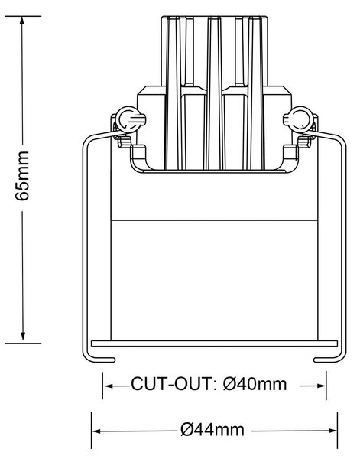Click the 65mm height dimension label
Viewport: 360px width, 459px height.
(x=22, y=176)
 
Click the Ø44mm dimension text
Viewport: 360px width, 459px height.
(x=212, y=430)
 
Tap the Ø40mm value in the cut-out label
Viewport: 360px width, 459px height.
(x=255, y=384)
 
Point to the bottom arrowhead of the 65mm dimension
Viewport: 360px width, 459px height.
(x=23, y=337)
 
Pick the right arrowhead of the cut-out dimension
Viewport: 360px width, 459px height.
(x=320, y=386)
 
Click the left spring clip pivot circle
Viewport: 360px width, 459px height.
(x=127, y=119)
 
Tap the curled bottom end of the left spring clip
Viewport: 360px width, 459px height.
(x=103, y=360)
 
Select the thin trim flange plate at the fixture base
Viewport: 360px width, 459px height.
(x=214, y=343)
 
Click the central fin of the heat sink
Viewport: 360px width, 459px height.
(x=214, y=93)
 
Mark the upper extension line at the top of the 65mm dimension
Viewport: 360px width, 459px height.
(x=23, y=16)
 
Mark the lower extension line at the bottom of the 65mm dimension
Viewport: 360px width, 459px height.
(x=23, y=343)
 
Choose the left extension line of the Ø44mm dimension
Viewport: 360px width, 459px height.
(x=91, y=431)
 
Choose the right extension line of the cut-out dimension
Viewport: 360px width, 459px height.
(x=326, y=386)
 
